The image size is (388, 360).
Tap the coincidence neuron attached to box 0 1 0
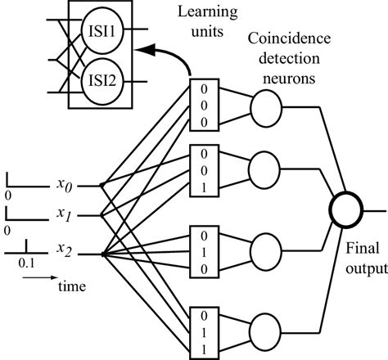[x=264, y=249]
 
